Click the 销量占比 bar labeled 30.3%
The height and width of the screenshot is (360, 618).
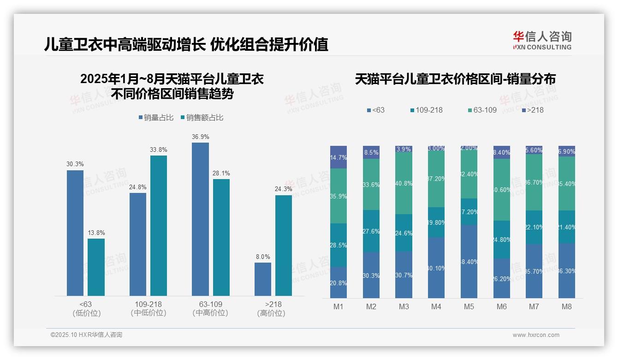(75, 233)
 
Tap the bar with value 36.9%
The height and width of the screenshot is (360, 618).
(200, 219)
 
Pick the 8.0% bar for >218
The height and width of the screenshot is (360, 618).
(263, 279)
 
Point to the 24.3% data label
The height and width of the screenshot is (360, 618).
(283, 189)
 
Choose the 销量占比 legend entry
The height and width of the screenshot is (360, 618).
(155, 118)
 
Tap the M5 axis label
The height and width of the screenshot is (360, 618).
(469, 306)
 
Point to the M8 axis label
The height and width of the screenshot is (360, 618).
(567, 306)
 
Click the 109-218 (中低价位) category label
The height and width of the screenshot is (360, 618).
(149, 308)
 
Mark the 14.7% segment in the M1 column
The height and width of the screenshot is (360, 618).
(339, 157)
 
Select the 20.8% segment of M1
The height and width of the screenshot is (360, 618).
(339, 282)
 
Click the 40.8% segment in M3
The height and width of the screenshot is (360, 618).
(404, 183)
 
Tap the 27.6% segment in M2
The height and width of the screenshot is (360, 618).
(371, 231)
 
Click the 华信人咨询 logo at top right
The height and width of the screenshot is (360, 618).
(542, 40)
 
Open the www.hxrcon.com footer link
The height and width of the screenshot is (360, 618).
(536, 335)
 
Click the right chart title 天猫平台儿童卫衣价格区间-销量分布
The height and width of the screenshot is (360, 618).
(455, 79)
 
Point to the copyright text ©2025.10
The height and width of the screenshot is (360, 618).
(86, 335)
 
